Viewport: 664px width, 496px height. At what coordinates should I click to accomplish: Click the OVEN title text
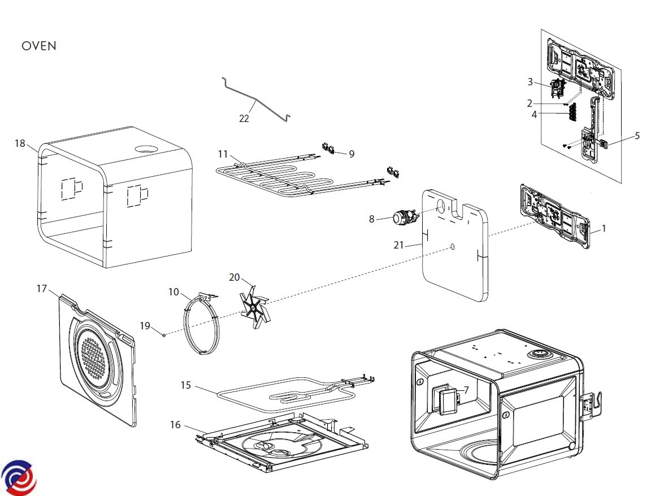pos(39,46)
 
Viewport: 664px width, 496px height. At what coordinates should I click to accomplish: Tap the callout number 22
pos(244,119)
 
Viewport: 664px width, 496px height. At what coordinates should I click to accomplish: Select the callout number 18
pos(20,143)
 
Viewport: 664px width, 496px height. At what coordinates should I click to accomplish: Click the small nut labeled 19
pos(164,334)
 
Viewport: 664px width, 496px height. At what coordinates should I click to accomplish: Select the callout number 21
pos(398,245)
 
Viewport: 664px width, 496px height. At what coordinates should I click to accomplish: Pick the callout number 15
pos(185,385)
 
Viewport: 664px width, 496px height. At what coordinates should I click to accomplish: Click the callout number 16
pos(175,424)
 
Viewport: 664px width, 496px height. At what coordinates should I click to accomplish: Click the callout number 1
pos(604,229)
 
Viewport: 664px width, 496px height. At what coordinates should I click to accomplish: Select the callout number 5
pos(637,136)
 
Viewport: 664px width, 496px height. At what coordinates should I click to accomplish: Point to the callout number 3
pos(530,82)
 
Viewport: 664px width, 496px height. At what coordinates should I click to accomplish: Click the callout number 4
pos(534,114)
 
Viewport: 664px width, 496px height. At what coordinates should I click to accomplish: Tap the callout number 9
pos(351,154)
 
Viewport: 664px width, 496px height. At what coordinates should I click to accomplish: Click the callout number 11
pos(223,154)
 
